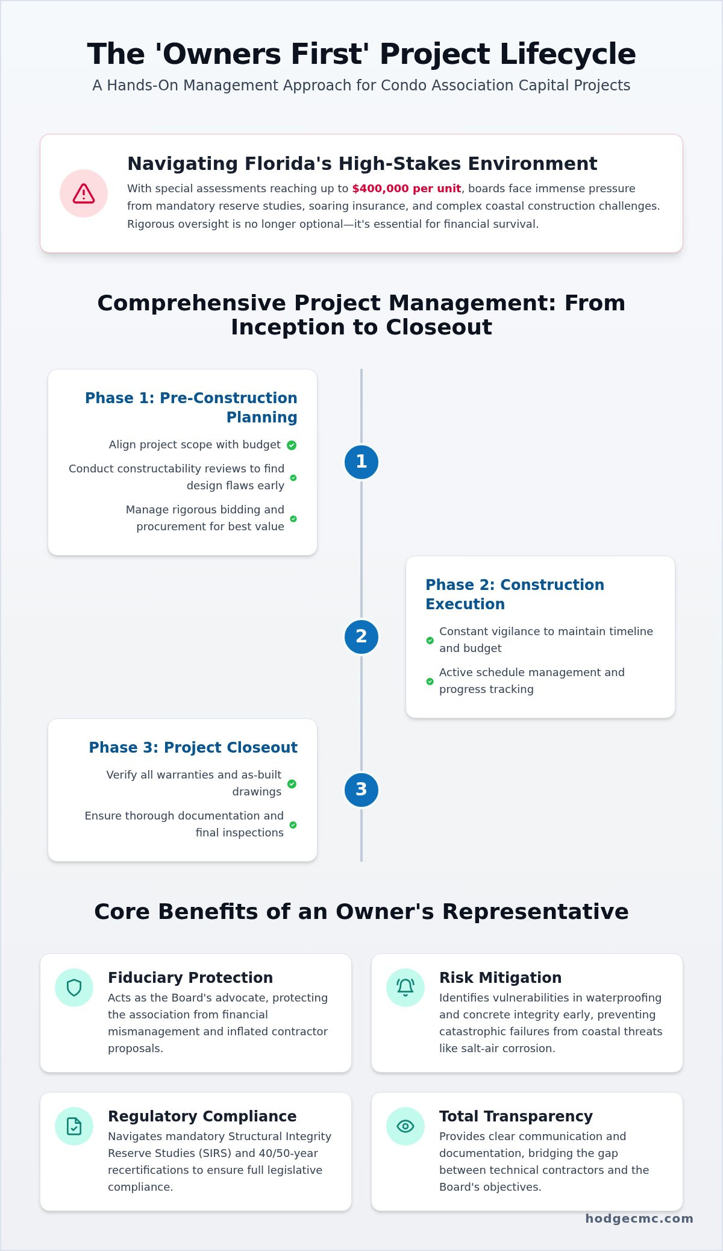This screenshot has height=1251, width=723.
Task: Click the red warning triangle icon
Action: pos(84,193)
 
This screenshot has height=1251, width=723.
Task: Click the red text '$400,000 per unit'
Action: pos(407,189)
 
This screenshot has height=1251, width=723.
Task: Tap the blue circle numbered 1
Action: pos(361,462)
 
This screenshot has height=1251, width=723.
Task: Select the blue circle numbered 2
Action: pos(361,637)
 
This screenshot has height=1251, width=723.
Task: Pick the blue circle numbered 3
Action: pos(361,790)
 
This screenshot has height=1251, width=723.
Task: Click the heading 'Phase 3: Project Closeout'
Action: pos(193,748)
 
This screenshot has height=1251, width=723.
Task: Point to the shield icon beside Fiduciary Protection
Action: pos(74,988)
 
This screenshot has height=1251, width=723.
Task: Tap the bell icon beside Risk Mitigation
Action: pos(405,988)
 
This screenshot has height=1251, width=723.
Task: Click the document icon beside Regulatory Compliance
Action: pos(74,1126)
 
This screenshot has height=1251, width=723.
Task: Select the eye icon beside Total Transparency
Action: pos(405,1126)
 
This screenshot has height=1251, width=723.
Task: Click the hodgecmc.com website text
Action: pos(639,1218)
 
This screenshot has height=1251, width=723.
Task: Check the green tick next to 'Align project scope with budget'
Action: pos(292,445)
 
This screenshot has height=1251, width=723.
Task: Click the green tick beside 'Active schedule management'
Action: pos(430,682)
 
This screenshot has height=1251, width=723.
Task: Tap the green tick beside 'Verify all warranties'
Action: pos(292,784)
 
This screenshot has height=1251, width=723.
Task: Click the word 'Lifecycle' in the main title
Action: pos(568,54)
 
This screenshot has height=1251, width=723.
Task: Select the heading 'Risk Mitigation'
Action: pos(500,977)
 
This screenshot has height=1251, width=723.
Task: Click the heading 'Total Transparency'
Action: pos(516,1117)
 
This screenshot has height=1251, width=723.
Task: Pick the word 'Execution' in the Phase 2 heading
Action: pos(465,604)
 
